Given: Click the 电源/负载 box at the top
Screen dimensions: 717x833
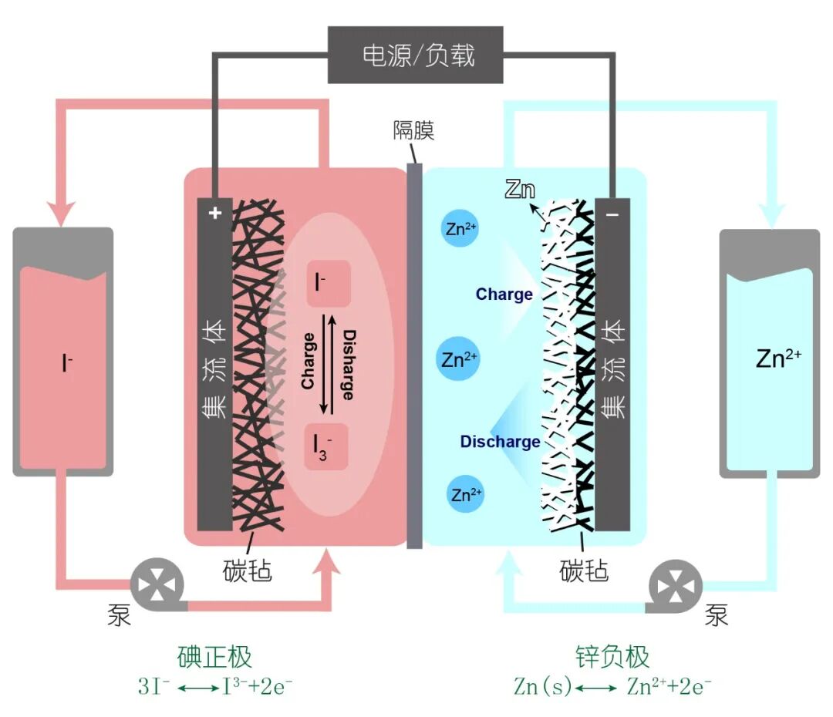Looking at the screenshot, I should [416, 55].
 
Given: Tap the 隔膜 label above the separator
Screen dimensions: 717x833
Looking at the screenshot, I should [414, 130].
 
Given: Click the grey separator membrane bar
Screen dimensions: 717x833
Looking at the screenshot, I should [414, 355].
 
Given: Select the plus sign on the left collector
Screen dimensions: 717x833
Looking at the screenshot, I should [215, 214].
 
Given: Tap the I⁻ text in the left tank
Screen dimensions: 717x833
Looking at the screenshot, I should [68, 363].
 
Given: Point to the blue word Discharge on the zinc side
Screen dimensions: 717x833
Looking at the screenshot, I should [500, 442].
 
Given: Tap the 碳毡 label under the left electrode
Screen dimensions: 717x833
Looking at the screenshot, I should [247, 571].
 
